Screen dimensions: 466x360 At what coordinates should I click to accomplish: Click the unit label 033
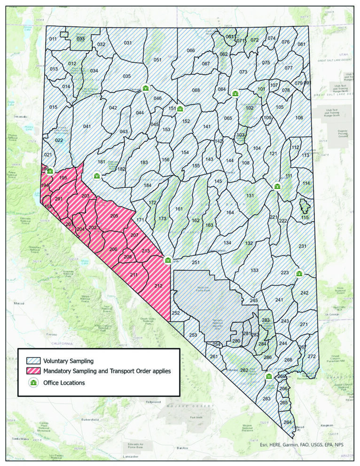[81, 39]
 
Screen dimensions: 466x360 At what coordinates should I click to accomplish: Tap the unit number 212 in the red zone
[158, 285]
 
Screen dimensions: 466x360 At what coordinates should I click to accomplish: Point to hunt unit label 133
[254, 270]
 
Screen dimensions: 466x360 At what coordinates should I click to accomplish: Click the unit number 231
[302, 246]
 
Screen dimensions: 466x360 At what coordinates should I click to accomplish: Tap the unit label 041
[86, 126]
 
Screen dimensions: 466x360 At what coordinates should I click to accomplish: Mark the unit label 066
[190, 50]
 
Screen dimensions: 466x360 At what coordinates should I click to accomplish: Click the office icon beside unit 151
[180, 109]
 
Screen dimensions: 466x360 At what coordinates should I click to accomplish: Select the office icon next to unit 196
[50, 171]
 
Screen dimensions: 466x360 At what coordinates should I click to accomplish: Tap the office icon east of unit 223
[299, 273]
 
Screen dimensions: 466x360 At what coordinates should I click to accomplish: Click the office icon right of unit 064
[235, 93]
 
